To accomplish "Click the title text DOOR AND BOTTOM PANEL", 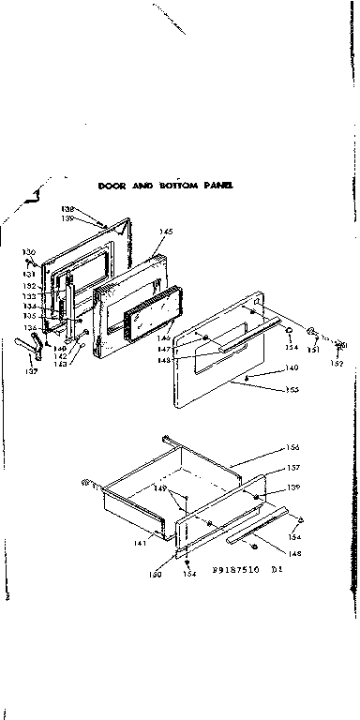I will pyautogui.click(x=166, y=187).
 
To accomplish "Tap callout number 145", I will pyautogui.click(x=166, y=231).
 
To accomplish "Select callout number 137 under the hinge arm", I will pyautogui.click(x=31, y=372).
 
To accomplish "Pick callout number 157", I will pyautogui.click(x=292, y=467).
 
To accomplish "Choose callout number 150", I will pyautogui.click(x=155, y=574).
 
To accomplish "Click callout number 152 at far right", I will pyautogui.click(x=337, y=363).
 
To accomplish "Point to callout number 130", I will pyautogui.click(x=29, y=252).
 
